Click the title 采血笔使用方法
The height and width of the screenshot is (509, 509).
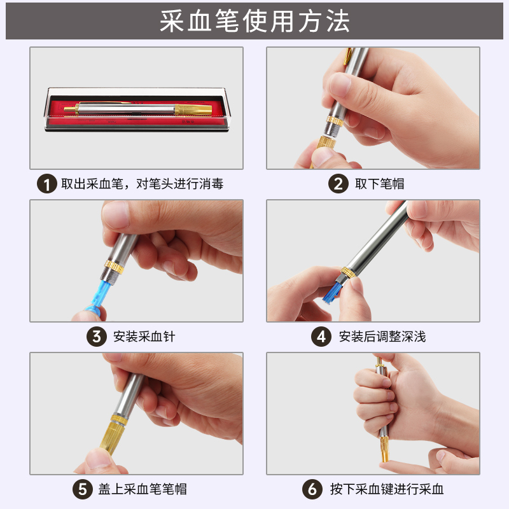[254, 21]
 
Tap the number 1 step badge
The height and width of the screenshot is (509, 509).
[45, 185]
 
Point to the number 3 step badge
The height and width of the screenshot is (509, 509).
[96, 337]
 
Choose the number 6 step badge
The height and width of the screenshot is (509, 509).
[312, 489]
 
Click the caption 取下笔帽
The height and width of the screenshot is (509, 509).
[380, 185]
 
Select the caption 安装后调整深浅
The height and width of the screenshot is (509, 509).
[382, 337]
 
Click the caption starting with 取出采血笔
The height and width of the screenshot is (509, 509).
[142, 185]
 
